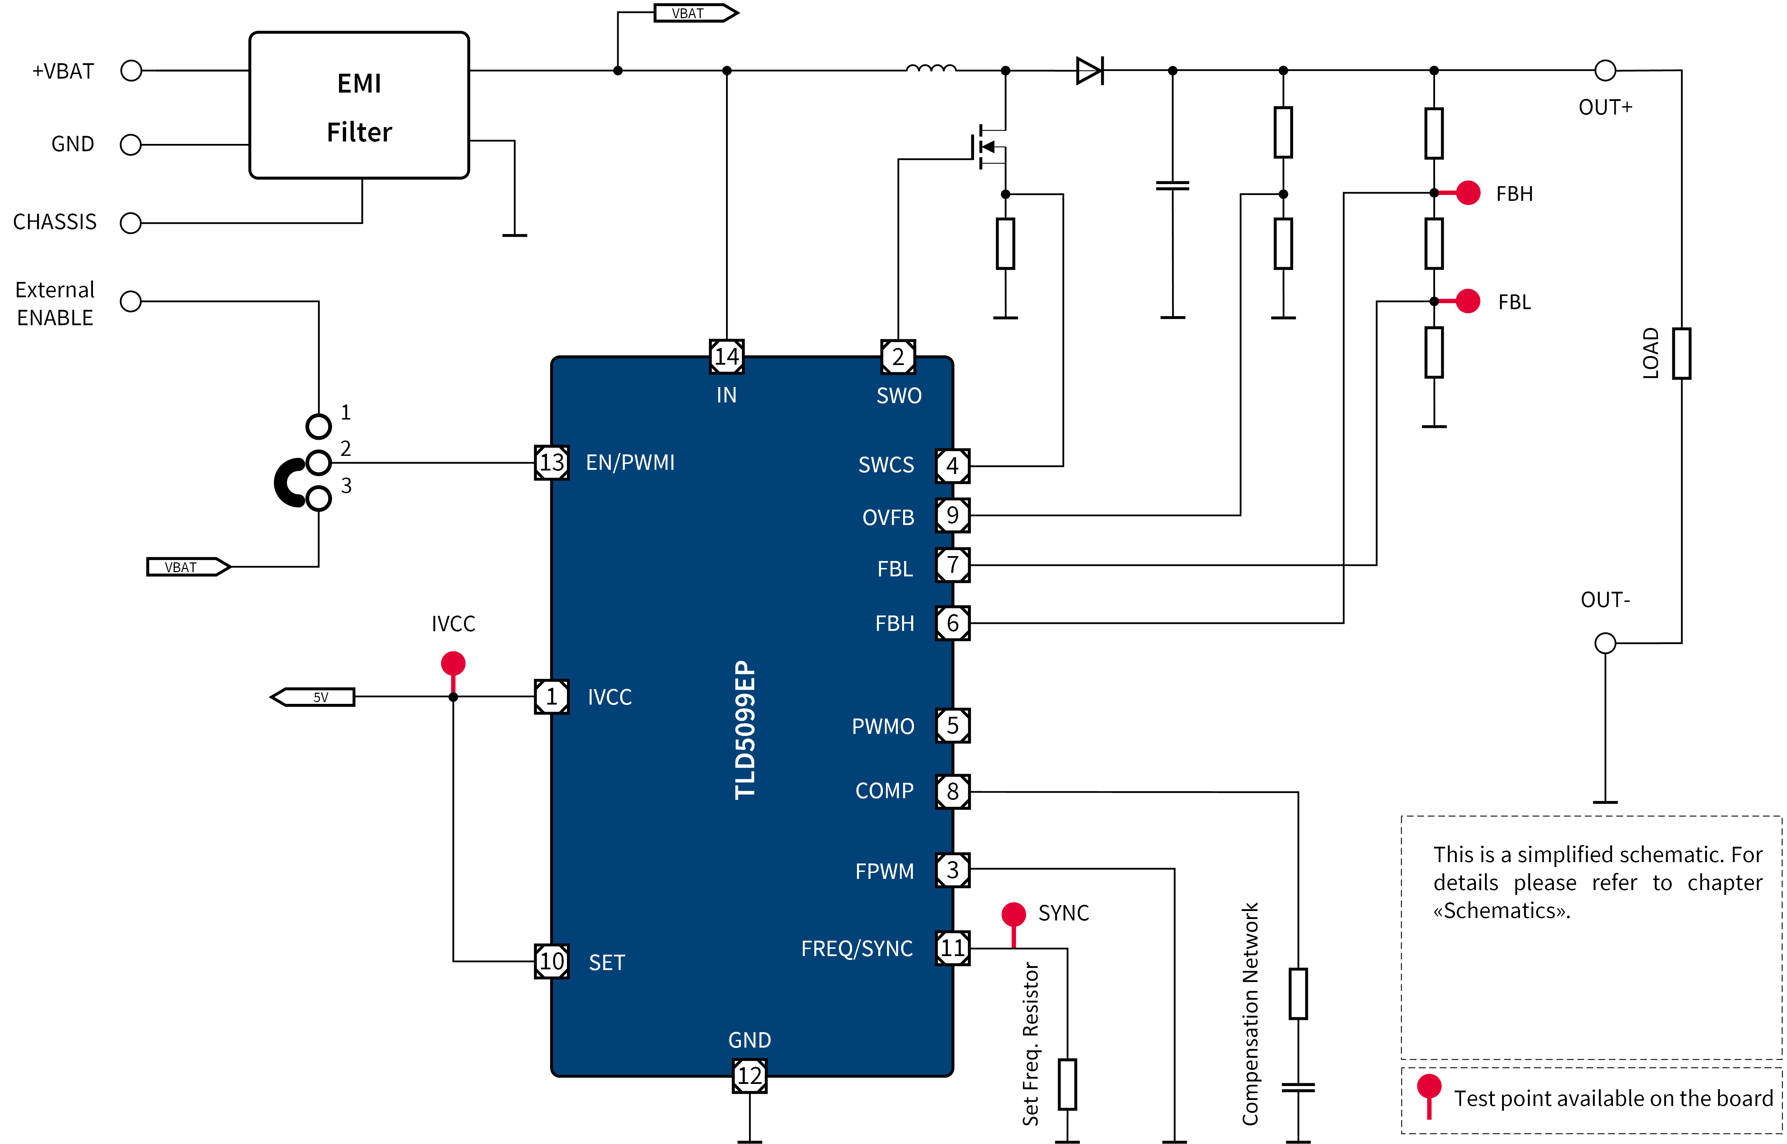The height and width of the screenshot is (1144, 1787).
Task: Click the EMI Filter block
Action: (x=359, y=105)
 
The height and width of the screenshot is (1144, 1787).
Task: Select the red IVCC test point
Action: (x=453, y=663)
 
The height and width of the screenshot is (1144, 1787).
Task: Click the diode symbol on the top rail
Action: (x=1089, y=71)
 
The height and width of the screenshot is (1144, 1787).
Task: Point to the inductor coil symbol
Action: (x=931, y=69)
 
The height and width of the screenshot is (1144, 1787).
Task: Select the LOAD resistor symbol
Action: (x=1681, y=354)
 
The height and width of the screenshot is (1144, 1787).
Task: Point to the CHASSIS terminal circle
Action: (x=131, y=223)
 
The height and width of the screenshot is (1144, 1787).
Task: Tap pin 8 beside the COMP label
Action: (x=953, y=791)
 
